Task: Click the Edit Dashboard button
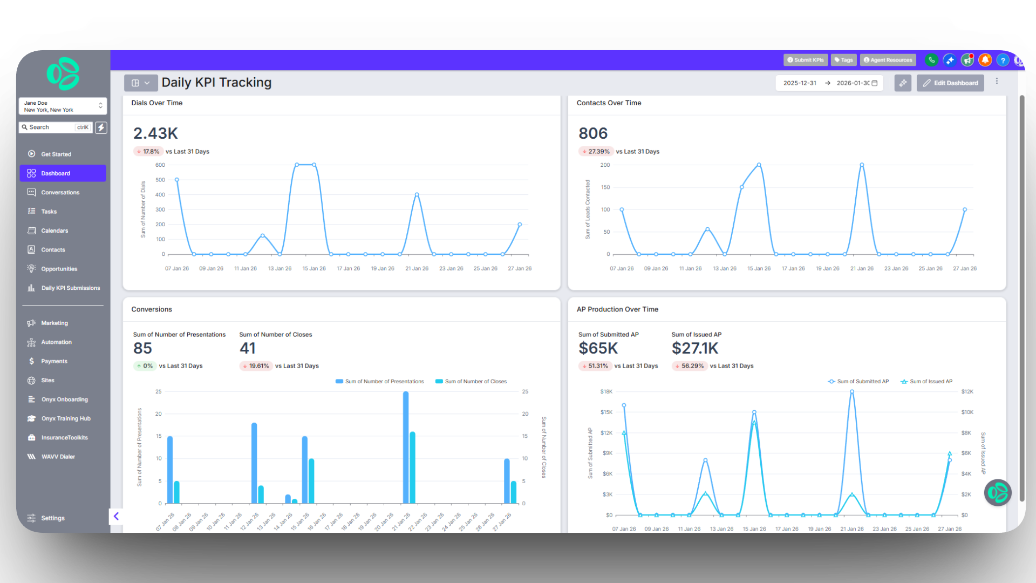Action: (950, 83)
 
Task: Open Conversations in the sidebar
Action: (60, 193)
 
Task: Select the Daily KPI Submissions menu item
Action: (70, 288)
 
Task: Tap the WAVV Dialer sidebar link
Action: (58, 457)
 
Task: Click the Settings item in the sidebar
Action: (52, 518)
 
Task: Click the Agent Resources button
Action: (888, 60)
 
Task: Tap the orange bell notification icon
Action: (985, 60)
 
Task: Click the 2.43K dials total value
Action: (155, 133)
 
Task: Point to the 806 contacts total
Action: (593, 133)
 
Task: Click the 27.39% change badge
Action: (596, 152)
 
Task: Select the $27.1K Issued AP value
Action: (695, 349)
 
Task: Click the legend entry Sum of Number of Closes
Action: (471, 382)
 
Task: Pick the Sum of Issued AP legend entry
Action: (926, 382)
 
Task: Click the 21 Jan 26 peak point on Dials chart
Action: (417, 194)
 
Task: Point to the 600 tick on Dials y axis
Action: (160, 165)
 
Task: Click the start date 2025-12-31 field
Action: (800, 83)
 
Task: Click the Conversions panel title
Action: (152, 309)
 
